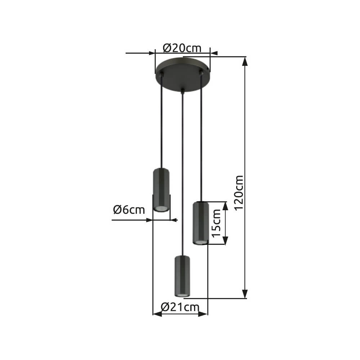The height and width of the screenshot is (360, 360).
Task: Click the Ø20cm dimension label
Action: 182,48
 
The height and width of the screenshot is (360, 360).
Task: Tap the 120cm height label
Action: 238,193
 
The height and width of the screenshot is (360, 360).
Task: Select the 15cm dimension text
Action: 216,223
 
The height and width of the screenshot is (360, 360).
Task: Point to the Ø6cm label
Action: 129,210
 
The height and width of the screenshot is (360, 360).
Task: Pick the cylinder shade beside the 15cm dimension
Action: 200,223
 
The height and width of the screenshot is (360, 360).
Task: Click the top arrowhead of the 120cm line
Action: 245,62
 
